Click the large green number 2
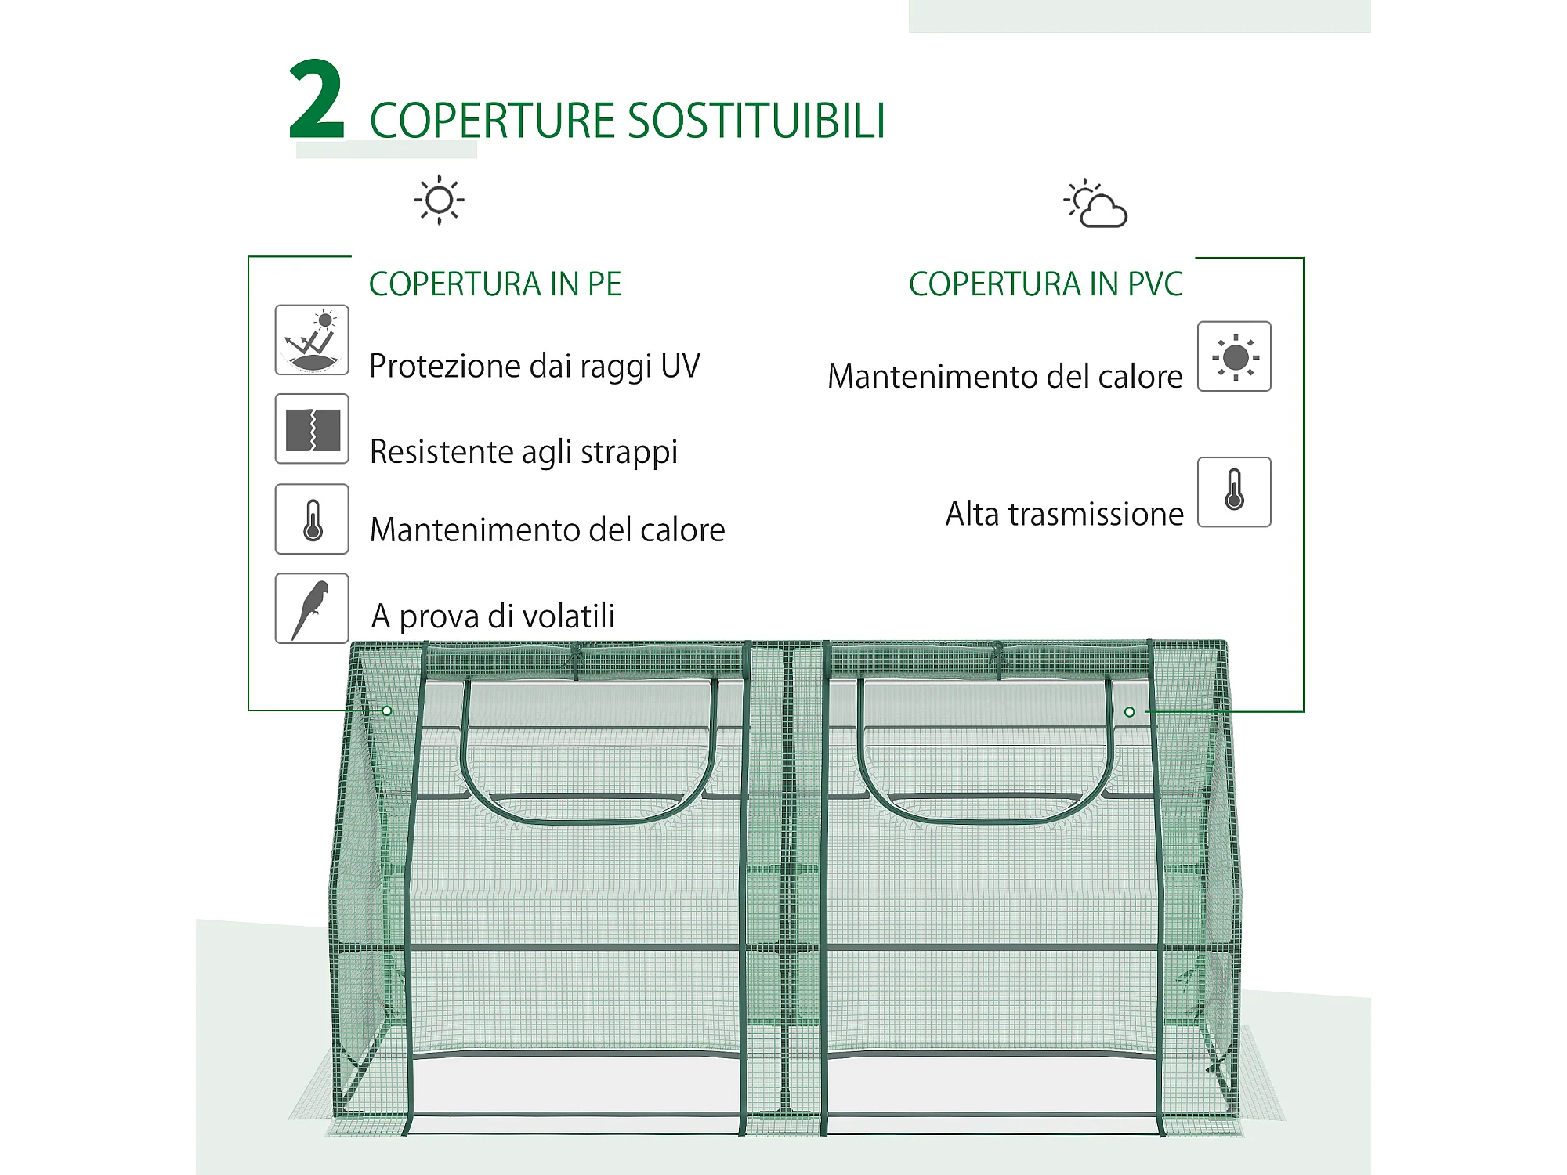click(x=317, y=99)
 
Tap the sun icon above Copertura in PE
click(x=439, y=200)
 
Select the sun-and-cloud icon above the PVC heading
click(x=1095, y=204)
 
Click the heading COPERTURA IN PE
click(x=495, y=284)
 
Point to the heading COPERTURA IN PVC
click(x=1045, y=284)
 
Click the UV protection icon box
click(x=312, y=340)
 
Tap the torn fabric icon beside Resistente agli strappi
click(x=312, y=429)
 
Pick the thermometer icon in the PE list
click(x=312, y=519)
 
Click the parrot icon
click(x=312, y=609)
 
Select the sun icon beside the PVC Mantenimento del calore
click(x=1234, y=356)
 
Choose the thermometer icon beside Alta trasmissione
click(x=1234, y=492)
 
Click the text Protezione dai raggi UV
click(x=534, y=367)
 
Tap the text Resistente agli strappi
click(x=523, y=453)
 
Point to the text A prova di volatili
click(x=493, y=616)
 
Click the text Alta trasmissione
click(x=1065, y=515)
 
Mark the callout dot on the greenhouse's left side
click(x=387, y=711)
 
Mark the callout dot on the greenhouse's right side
click(x=1129, y=712)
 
